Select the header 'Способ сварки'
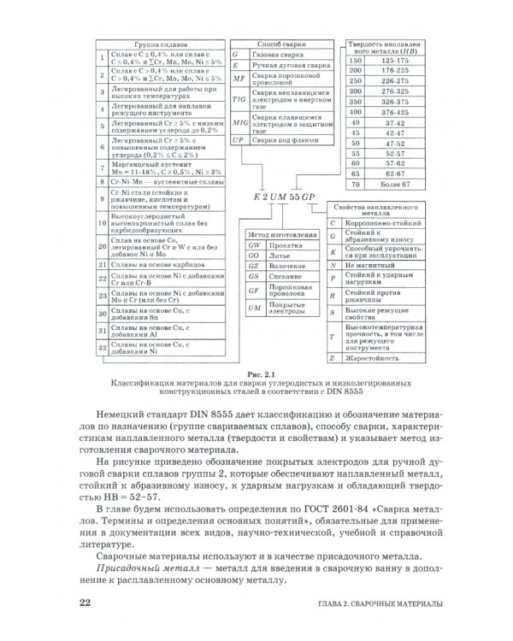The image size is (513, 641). point(282,43)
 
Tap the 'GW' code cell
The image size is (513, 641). point(253,244)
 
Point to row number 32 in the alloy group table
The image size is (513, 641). point(101,348)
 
